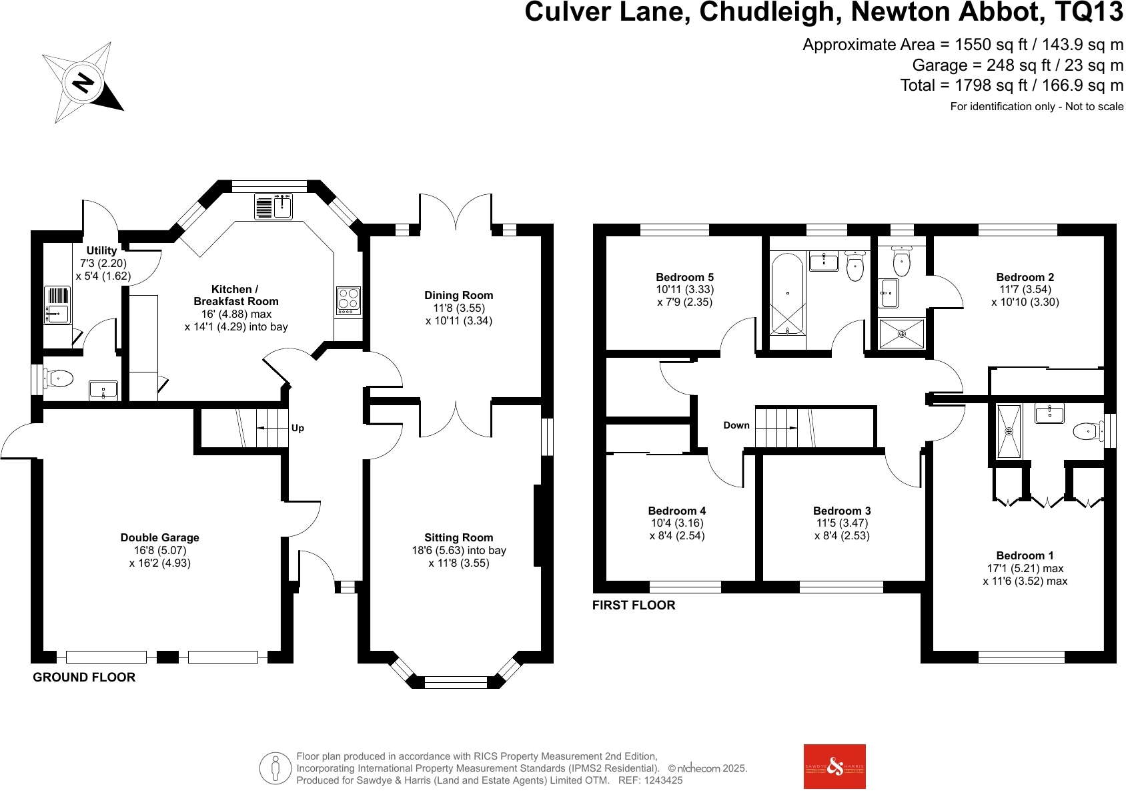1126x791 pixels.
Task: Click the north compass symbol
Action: pos(82,83)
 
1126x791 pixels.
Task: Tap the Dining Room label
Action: pos(459,295)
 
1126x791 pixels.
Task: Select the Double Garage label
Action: pos(160,537)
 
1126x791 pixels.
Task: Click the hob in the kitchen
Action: pos(349,301)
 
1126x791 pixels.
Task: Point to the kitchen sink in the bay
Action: pos(273,206)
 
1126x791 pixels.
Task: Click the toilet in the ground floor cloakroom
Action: pos(59,379)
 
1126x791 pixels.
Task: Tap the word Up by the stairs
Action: pos(298,428)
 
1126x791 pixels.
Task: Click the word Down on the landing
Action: pos(736,425)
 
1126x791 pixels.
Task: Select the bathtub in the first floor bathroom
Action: pos(787,294)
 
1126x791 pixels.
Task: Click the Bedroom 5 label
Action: pos(684,277)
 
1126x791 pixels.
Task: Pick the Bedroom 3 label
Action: pos(842,511)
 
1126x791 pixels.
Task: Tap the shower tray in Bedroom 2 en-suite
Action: pos(902,334)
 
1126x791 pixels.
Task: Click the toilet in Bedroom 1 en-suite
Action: pos(1087,431)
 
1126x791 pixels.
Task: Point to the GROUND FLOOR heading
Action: pos(84,677)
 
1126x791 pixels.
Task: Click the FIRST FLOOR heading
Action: pos(634,605)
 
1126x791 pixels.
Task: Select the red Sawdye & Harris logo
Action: pos(834,766)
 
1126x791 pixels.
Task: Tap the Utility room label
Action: pos(101,250)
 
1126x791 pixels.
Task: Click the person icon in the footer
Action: pos(275,768)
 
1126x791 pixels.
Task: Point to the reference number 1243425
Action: pos(660,780)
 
